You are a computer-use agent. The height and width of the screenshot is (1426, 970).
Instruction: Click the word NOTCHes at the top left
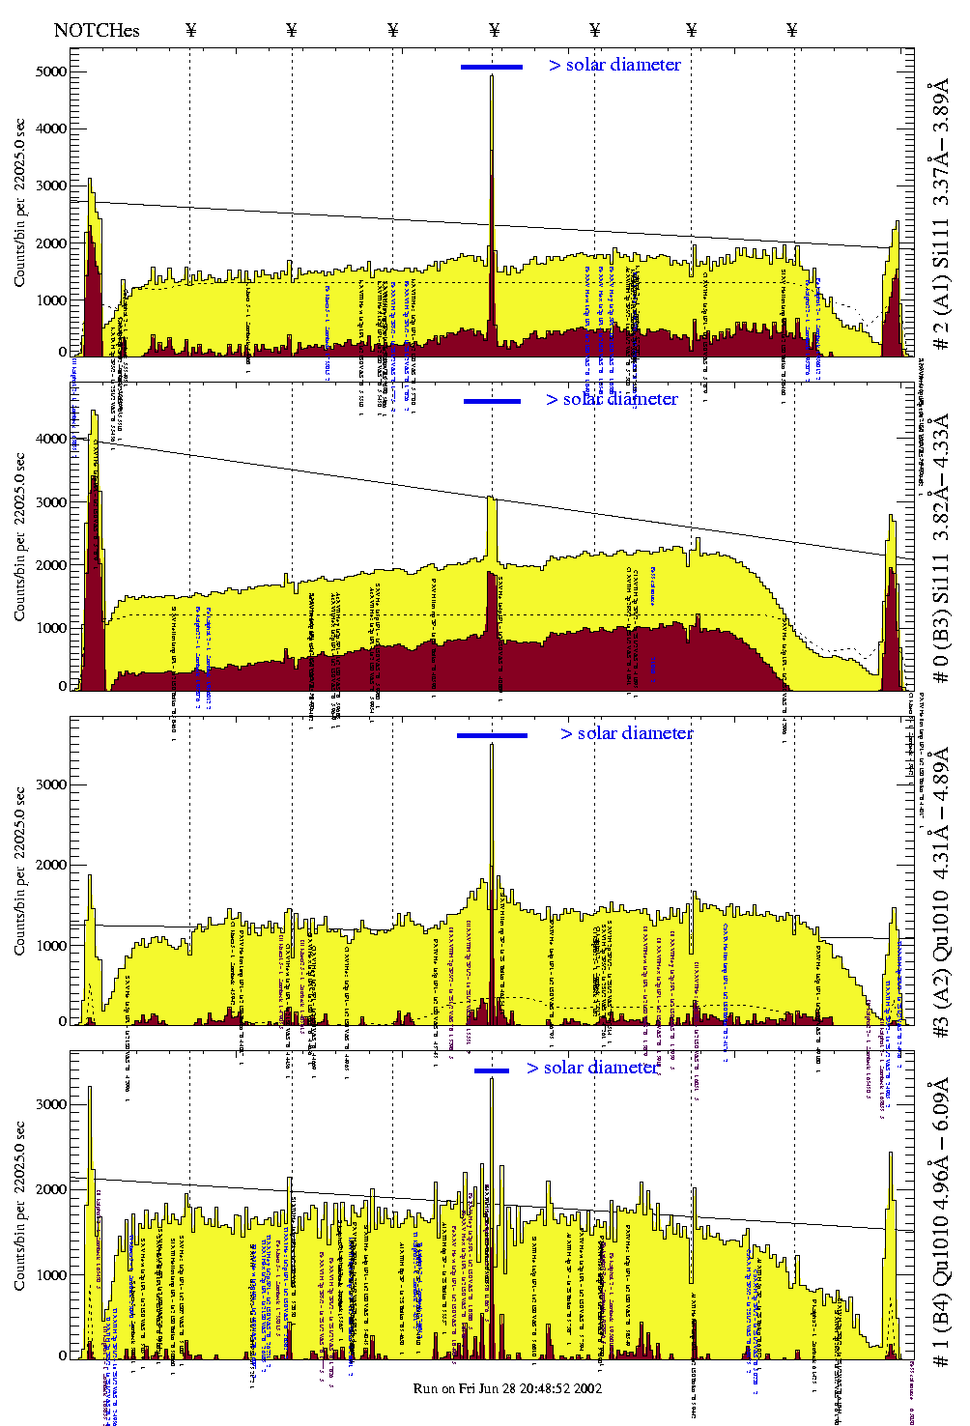(x=97, y=30)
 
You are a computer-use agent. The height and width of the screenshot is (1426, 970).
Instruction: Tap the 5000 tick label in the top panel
(x=49, y=71)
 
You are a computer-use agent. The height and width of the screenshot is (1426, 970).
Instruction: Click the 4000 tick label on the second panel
(x=49, y=439)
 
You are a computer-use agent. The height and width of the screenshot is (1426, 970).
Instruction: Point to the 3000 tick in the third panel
(x=49, y=784)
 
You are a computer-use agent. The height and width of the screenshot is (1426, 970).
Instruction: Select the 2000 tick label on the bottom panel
(x=49, y=1189)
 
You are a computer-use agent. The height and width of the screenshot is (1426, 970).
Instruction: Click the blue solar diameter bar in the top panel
(x=491, y=67)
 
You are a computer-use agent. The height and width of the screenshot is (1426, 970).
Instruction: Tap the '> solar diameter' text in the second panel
(x=612, y=399)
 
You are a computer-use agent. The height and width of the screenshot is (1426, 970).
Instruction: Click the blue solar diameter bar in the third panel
(x=492, y=735)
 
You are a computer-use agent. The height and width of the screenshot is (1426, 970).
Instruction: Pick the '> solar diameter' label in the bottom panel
(x=592, y=1068)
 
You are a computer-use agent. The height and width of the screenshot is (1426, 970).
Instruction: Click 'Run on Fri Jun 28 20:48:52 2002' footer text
(x=508, y=1388)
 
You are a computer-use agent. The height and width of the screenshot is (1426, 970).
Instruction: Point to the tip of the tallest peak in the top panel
(x=492, y=76)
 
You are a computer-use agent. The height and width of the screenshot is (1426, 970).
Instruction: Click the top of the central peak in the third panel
(x=492, y=744)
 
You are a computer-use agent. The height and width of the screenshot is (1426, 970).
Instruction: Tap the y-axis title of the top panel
(x=19, y=203)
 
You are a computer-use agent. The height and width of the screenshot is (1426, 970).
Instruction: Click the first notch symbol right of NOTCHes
(x=190, y=30)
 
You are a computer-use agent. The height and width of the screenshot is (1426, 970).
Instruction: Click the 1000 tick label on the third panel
(x=49, y=946)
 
